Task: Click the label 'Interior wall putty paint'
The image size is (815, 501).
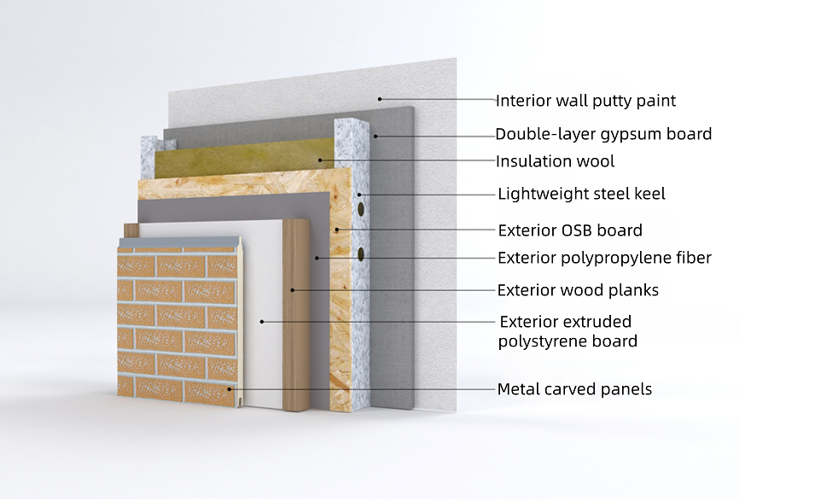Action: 585,101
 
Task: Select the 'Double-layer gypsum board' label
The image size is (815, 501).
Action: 603,134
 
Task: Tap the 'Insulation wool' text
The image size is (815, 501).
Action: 555,161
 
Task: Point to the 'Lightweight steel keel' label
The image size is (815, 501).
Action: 582,194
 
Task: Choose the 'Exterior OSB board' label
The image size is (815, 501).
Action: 570,230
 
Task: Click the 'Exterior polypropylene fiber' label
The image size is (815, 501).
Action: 604,258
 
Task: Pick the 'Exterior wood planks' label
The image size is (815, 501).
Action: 578,290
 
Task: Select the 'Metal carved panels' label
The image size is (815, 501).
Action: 574,389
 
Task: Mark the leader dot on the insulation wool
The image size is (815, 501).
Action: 320,160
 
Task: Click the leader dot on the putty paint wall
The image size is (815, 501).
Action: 380,99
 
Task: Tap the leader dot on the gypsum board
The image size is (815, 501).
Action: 375,137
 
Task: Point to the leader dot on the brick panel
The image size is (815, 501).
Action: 230,388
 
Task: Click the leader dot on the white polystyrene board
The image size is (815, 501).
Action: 262,322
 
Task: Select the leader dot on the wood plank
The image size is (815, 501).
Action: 293,290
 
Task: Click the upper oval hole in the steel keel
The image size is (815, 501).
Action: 361,209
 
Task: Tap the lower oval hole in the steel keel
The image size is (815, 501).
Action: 361,253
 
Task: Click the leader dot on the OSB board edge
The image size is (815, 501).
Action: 337,230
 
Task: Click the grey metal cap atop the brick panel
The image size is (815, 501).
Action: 180,242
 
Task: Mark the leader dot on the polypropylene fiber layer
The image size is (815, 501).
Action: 317,258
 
